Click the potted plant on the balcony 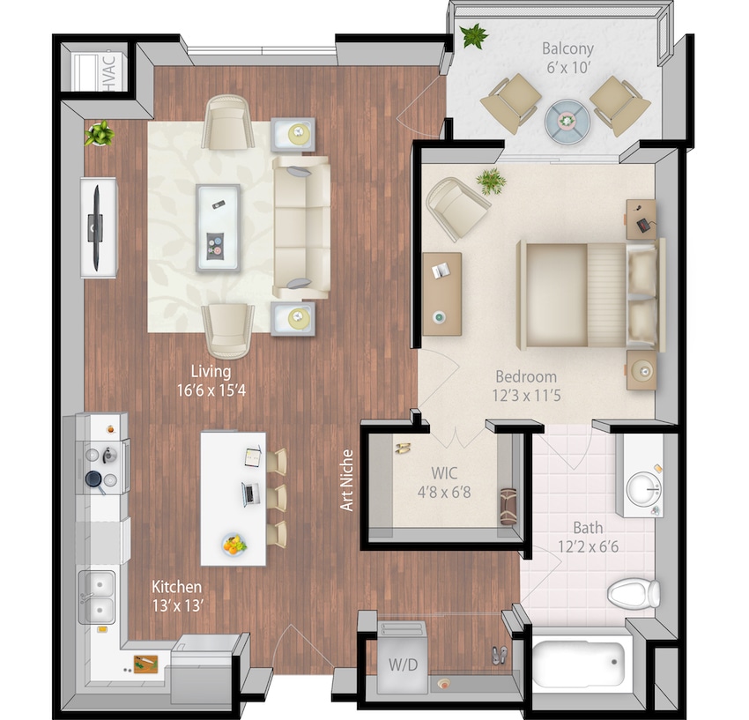coord(474,36)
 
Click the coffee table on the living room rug coord(217,226)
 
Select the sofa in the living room coord(300,226)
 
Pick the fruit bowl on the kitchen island coord(234,546)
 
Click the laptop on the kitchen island coord(250,493)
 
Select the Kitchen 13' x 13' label coord(176,595)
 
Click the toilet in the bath coord(634,592)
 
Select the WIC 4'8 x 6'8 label coord(442,484)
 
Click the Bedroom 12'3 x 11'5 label coord(525,385)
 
